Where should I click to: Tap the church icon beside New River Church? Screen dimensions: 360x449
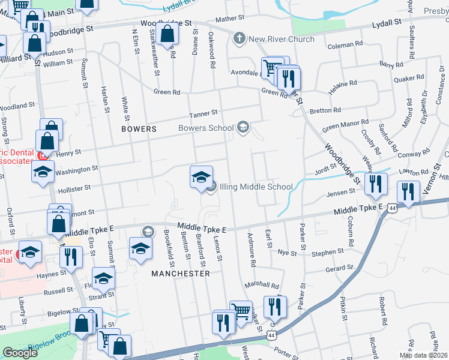click(x=240, y=40)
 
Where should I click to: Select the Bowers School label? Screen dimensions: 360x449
click(x=206, y=128)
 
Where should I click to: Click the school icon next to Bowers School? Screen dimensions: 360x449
click(x=243, y=127)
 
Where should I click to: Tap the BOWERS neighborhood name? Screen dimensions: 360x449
click(x=139, y=129)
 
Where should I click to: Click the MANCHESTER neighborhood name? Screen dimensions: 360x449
click(x=181, y=274)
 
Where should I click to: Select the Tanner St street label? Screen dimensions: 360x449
click(x=203, y=113)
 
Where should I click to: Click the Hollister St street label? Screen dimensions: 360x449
click(x=73, y=188)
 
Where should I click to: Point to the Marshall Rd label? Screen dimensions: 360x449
click(x=262, y=286)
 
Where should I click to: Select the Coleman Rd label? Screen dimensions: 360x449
click(x=345, y=44)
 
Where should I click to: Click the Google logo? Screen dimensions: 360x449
click(x=20, y=353)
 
